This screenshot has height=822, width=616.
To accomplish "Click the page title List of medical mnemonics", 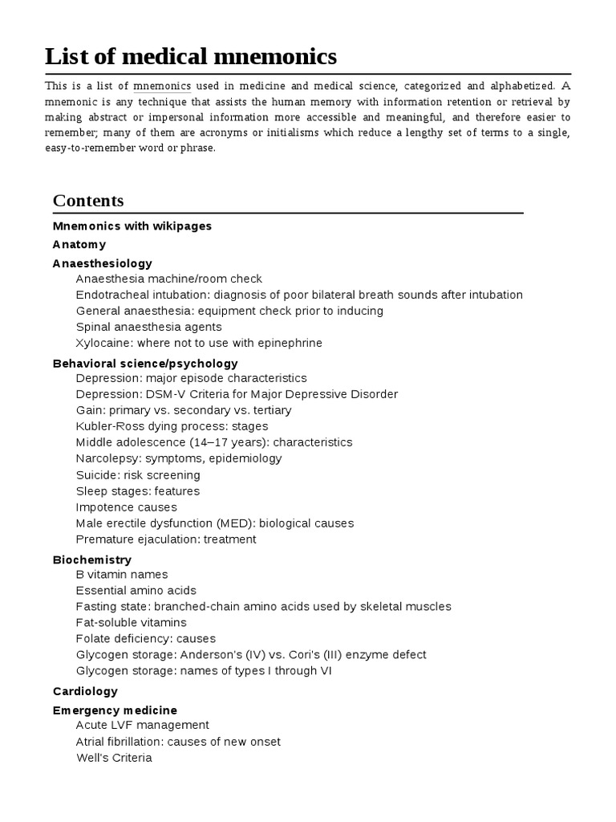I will (x=191, y=56).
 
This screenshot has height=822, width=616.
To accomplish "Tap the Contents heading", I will (x=88, y=201).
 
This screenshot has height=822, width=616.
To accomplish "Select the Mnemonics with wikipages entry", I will (x=132, y=226).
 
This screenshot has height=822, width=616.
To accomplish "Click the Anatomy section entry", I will (x=79, y=245).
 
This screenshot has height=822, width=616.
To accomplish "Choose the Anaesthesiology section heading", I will (x=103, y=263).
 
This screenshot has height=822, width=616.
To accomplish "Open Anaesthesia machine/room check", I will (x=169, y=279).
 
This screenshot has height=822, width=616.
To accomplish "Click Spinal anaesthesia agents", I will (x=149, y=328).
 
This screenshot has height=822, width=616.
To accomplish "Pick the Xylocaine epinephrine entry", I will (x=199, y=344).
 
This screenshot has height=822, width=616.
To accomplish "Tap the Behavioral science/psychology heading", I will (x=145, y=364).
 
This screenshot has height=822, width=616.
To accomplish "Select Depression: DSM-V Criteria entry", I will (x=237, y=394).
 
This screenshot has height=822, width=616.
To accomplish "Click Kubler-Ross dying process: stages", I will (x=172, y=426).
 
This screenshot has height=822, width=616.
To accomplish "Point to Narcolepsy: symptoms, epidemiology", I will (x=179, y=458).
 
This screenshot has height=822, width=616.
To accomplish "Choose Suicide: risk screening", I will (x=138, y=475).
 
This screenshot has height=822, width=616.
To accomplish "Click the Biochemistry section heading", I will (x=92, y=560).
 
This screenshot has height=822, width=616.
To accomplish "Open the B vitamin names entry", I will (x=122, y=575).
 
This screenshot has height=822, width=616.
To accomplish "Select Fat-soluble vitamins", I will (x=132, y=623).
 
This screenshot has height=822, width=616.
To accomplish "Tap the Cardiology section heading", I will (x=85, y=691).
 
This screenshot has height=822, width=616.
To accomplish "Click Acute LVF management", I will (x=143, y=726).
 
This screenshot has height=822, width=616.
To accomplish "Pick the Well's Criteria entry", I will (x=114, y=758).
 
